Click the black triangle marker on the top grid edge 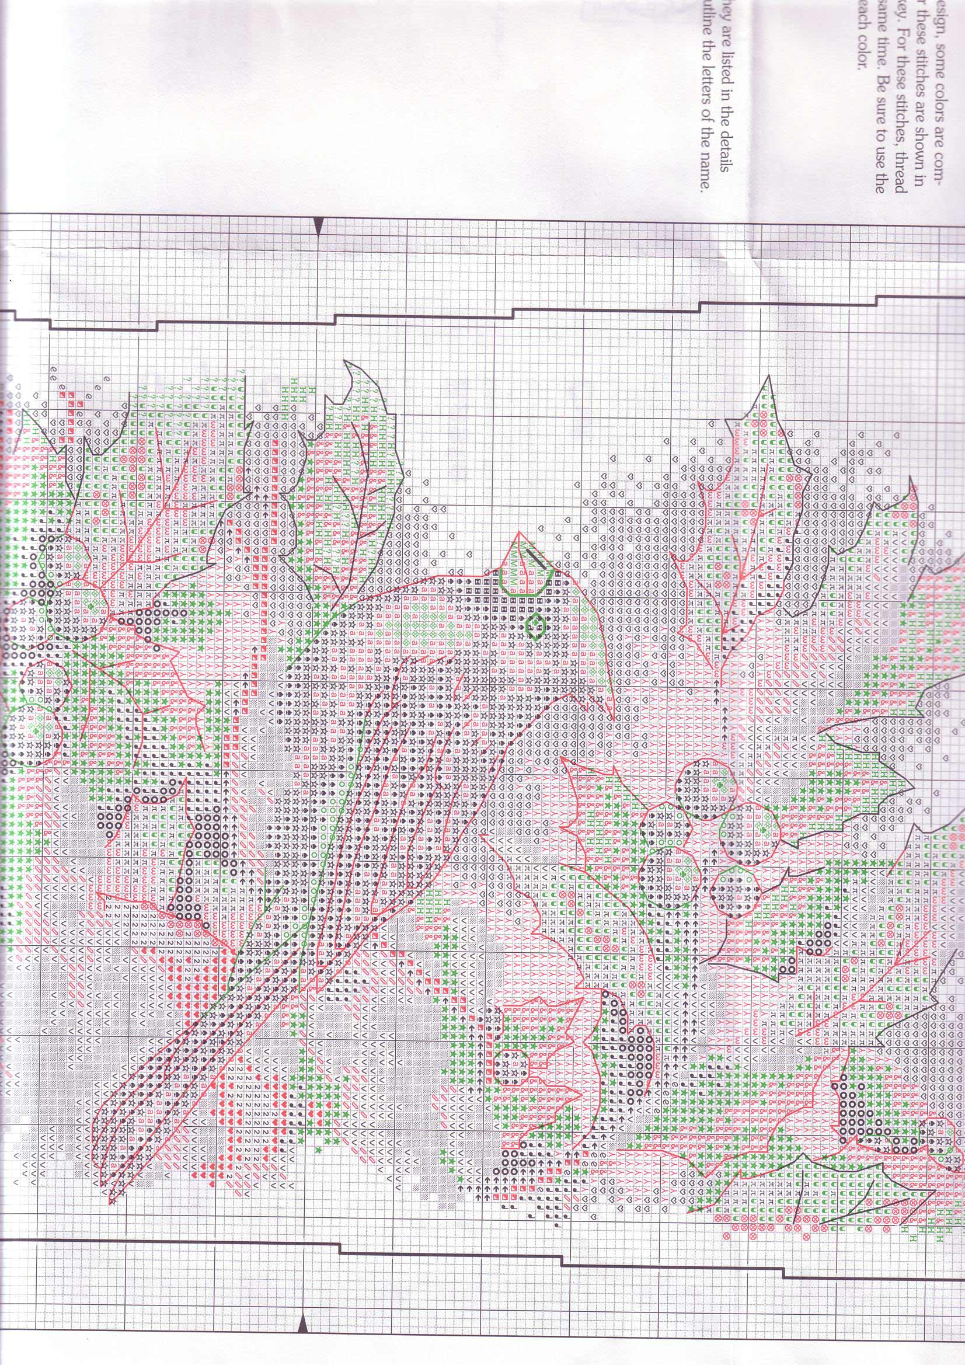[318, 226]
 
